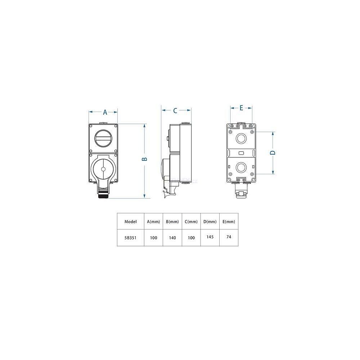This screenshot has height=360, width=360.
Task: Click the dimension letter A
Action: point(105,112)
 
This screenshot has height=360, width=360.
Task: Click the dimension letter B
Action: point(144,159)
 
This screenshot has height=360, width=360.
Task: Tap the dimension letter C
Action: point(175,111)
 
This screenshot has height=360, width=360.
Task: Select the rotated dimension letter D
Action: point(273,153)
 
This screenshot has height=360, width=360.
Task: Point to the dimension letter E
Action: point(241,108)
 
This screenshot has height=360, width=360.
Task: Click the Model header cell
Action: point(130,221)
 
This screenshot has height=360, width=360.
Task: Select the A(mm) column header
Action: point(153,221)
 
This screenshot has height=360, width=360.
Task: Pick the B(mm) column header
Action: point(172,221)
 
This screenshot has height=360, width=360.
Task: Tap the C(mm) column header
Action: point(191,221)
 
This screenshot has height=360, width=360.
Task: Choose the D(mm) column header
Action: point(210,221)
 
